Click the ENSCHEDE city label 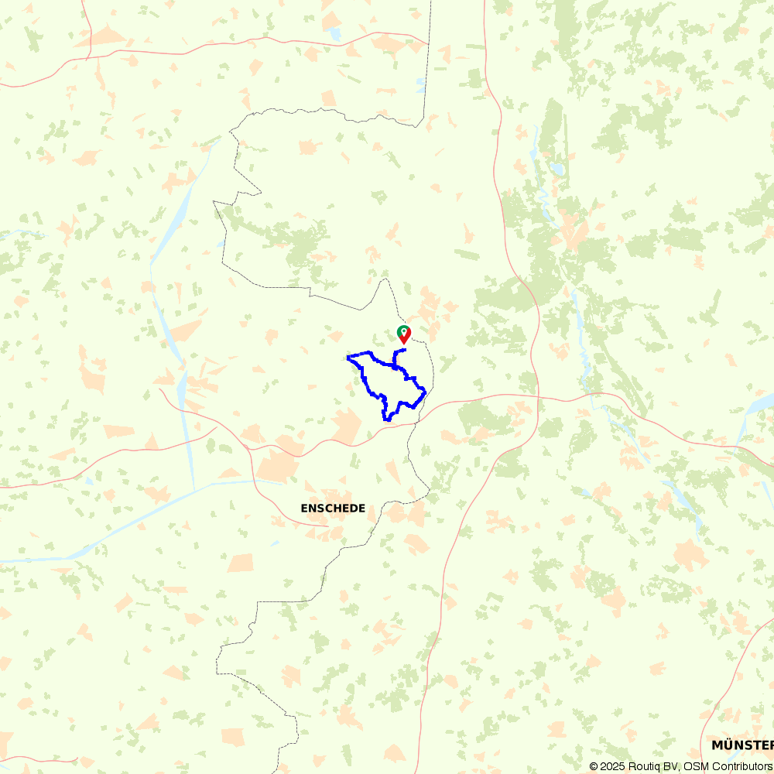point(333,509)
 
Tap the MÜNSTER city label point(742,745)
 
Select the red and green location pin point(403,334)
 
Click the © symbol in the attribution point(594,766)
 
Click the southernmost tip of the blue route point(385,420)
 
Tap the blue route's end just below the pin point(405,351)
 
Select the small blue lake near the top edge point(334,33)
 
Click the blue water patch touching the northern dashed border point(420,84)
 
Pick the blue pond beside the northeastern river point(555,168)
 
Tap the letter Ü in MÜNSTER point(728,745)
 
